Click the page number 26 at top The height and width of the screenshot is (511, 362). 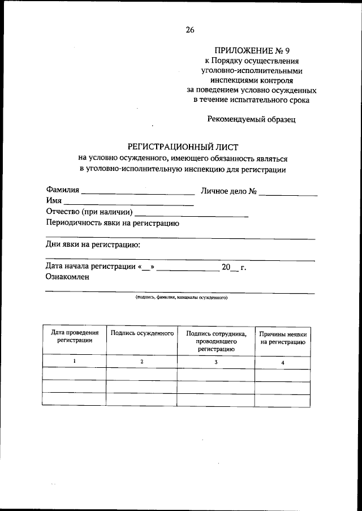(189, 31)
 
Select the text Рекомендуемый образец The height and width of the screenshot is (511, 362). (251, 119)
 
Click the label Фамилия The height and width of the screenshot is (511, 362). (63, 191)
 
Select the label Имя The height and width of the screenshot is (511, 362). (54, 201)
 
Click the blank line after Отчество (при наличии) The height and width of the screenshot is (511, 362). (192, 215)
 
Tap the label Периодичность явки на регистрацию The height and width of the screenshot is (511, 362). (113, 222)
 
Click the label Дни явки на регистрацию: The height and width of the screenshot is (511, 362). (93, 244)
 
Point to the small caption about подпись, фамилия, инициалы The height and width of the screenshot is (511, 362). (181, 297)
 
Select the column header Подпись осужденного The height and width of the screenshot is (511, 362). (142, 334)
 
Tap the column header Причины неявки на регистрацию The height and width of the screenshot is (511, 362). (283, 338)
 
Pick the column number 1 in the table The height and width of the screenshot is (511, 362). (74, 361)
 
